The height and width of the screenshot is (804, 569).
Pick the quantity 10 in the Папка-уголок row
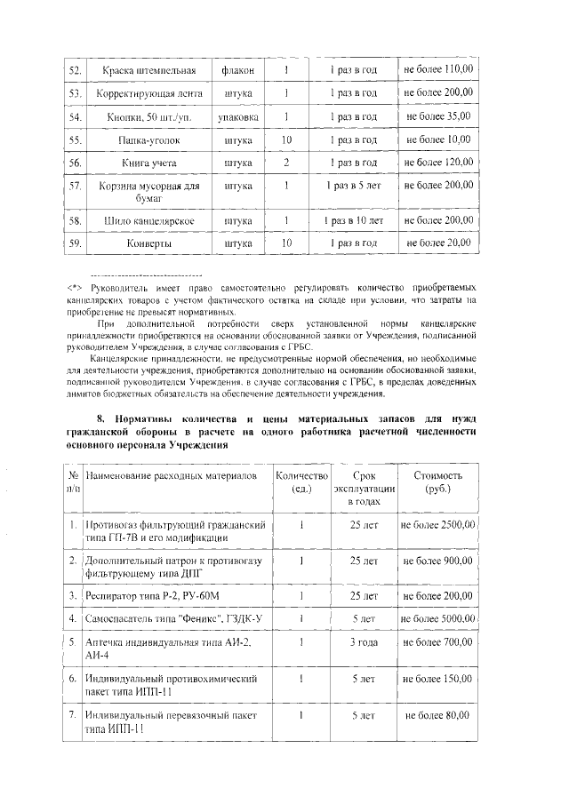(x=286, y=140)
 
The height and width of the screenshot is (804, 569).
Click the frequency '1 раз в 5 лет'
(x=353, y=187)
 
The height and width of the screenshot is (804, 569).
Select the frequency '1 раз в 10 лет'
(x=353, y=220)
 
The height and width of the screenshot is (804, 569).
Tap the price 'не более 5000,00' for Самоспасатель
(x=438, y=618)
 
